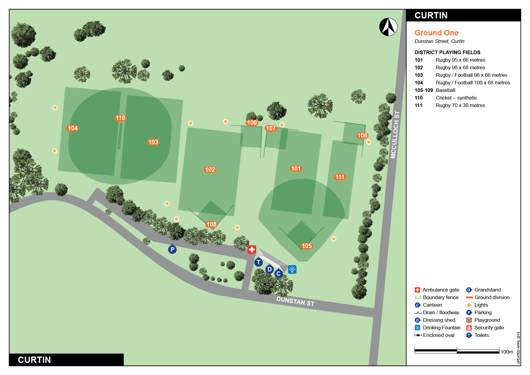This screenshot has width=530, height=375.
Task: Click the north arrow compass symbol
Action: click(388, 27)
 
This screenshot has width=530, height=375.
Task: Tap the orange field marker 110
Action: click(120, 118)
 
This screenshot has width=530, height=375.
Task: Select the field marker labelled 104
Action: click(73, 128)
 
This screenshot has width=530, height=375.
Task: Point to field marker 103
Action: click(153, 142)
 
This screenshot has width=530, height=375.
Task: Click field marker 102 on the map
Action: click(210, 170)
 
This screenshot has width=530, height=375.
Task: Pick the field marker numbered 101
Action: click(296, 168)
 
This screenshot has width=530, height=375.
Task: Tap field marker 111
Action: click(340, 177)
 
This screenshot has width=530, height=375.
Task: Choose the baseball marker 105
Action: click(306, 246)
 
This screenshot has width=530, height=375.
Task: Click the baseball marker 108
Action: click(212, 224)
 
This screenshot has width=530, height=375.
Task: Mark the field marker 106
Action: click(362, 135)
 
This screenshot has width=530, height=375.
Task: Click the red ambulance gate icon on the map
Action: click(252, 249)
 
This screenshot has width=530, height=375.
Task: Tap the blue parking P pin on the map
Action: click(172, 249)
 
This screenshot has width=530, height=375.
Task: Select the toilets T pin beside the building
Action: click(258, 262)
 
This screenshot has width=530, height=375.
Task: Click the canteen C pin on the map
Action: click(279, 274)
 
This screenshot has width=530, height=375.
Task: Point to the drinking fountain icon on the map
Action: click(292, 269)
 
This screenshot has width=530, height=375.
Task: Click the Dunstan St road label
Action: click(296, 301)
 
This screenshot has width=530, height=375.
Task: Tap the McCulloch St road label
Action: click(395, 135)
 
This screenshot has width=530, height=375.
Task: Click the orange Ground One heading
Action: click(436, 33)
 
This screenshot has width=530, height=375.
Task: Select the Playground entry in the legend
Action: click(487, 320)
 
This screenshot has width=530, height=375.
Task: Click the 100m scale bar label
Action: click(507, 352)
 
